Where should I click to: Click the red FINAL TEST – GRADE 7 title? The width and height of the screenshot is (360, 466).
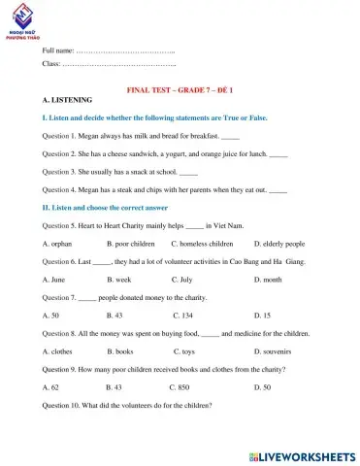point(180,89)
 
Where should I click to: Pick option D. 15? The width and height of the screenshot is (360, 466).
point(263,316)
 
